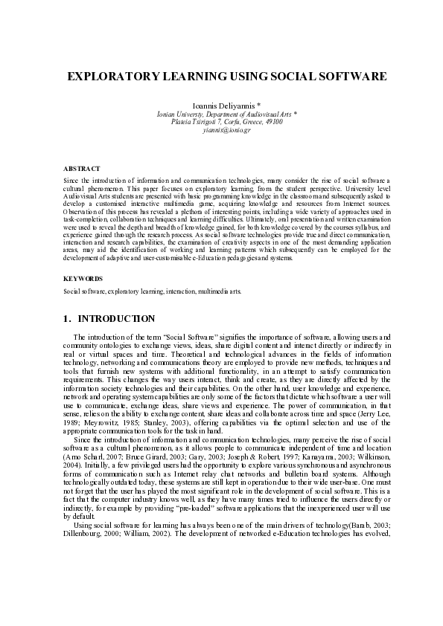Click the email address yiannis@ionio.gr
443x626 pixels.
[222, 129]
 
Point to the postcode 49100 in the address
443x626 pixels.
[273, 121]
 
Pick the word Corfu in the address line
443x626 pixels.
[221, 121]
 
